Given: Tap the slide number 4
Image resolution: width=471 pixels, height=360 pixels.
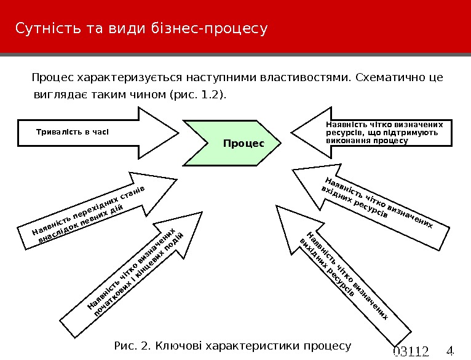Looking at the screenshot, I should (x=449, y=351).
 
